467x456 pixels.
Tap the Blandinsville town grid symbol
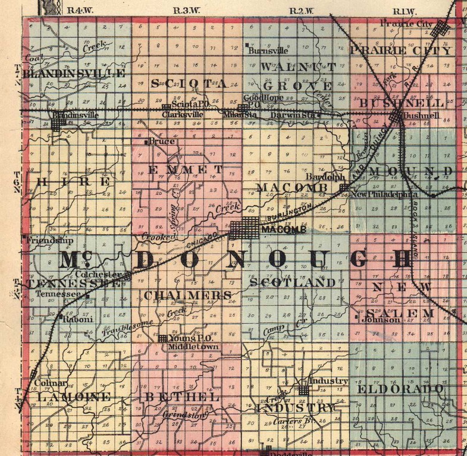click(x=58, y=124)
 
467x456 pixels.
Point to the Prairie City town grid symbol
click(x=440, y=28)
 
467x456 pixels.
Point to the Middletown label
click(x=194, y=346)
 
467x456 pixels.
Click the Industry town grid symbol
click(x=303, y=390)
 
